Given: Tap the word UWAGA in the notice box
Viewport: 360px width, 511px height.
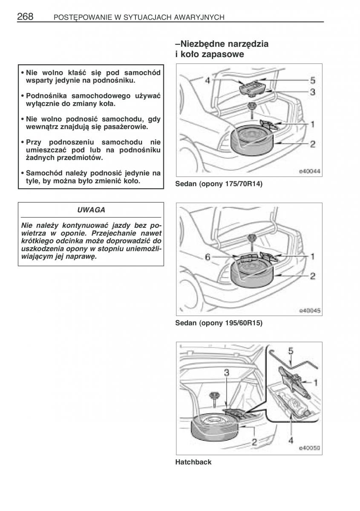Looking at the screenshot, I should pyautogui.click(x=91, y=210).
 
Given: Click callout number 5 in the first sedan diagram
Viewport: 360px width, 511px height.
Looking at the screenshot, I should pyautogui.click(x=312, y=80).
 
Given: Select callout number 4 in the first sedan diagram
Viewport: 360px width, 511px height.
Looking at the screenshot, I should pyautogui.click(x=207, y=80).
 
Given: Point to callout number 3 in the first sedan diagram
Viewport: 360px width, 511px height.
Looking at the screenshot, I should pyautogui.click(x=312, y=92).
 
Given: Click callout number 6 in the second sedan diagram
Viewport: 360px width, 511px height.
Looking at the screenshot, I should pyautogui.click(x=207, y=257).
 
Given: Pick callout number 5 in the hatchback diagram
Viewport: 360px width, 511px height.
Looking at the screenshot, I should pyautogui.click(x=291, y=351).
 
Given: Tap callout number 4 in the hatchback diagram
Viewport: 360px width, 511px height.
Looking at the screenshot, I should pyautogui.click(x=291, y=441).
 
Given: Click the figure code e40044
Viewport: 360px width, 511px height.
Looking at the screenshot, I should pyautogui.click(x=309, y=172).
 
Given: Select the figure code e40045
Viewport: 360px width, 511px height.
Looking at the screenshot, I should pyautogui.click(x=309, y=310).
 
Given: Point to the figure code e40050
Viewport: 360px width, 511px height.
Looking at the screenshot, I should pyautogui.click(x=309, y=448).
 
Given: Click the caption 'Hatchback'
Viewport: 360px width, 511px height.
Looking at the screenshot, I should pyautogui.click(x=193, y=462).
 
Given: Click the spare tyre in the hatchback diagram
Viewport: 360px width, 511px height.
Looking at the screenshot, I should pyautogui.click(x=213, y=428).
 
